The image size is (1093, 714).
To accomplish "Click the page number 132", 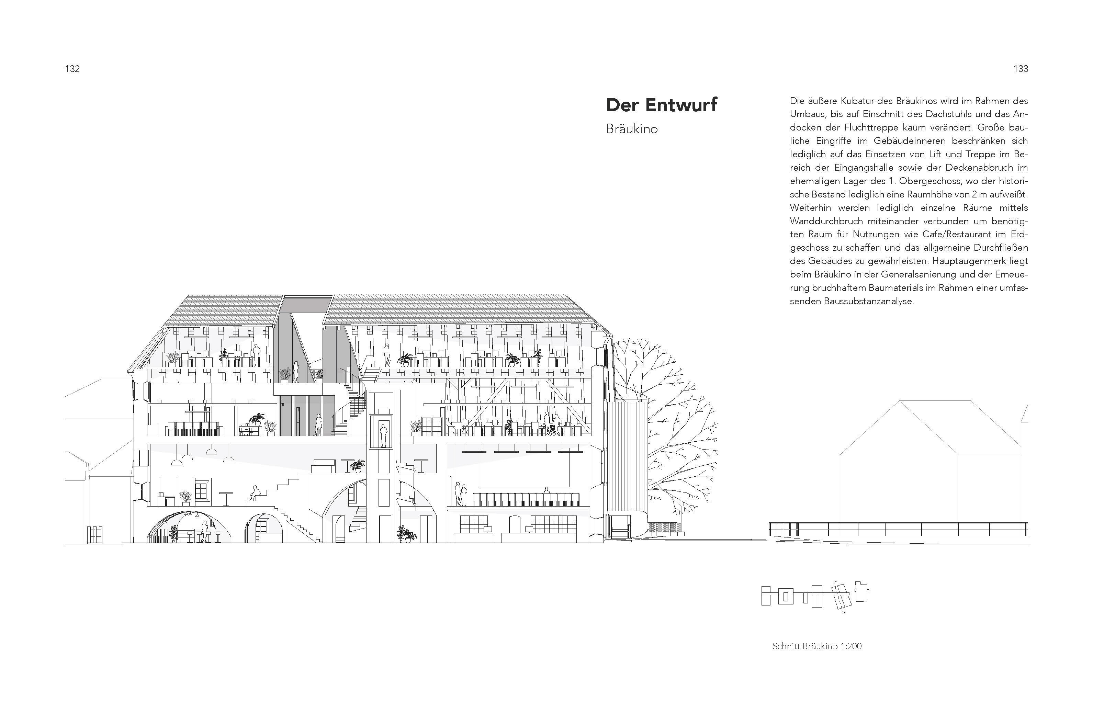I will tap(72, 69).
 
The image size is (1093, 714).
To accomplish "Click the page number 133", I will tap(1021, 69).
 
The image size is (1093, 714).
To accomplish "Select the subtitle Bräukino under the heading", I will tap(631, 129).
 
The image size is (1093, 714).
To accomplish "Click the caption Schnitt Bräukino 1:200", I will tap(816, 646).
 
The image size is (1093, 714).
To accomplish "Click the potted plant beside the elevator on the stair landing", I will tap(357, 466).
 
